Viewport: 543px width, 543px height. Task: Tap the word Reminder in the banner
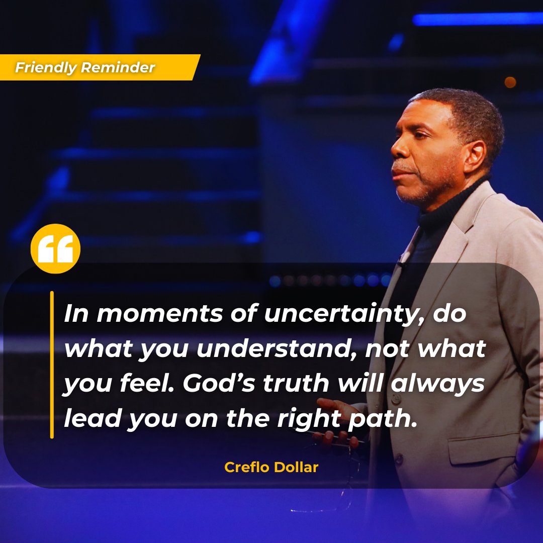point(118,67)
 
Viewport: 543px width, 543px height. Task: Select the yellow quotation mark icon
point(55,249)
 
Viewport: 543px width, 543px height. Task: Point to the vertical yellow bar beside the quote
point(52,365)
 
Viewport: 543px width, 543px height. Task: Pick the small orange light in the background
point(510,82)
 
